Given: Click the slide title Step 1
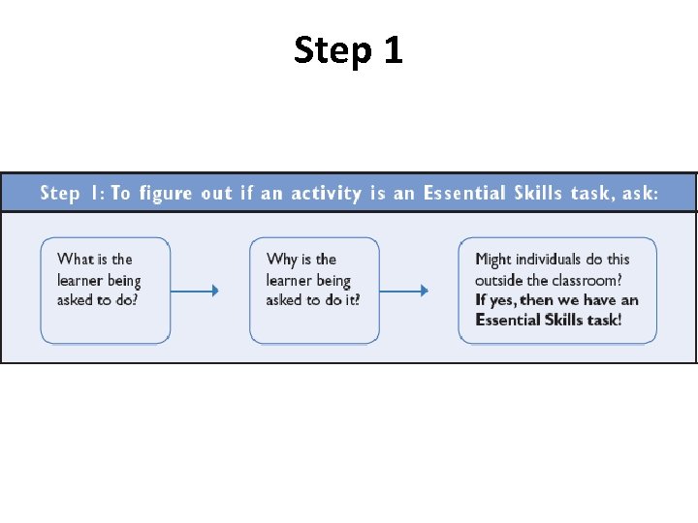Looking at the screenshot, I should tap(348, 50).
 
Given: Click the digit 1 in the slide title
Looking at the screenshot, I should tap(392, 50).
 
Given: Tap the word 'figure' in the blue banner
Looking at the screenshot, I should tap(167, 193).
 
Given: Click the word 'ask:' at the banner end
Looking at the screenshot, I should tap(640, 193).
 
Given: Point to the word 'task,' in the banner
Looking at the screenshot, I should tap(592, 193).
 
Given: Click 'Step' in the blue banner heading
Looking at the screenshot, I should tap(60, 193).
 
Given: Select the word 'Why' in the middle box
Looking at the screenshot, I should tap(281, 259).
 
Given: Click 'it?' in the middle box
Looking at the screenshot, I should tap(349, 300).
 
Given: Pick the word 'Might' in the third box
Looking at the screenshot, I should tap(493, 259).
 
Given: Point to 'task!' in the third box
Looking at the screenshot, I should tap(602, 321).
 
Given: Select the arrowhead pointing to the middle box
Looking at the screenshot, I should tap(214, 290).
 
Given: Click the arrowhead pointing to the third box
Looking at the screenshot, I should tap(424, 290).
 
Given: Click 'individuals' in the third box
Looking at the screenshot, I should tap(549, 259).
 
